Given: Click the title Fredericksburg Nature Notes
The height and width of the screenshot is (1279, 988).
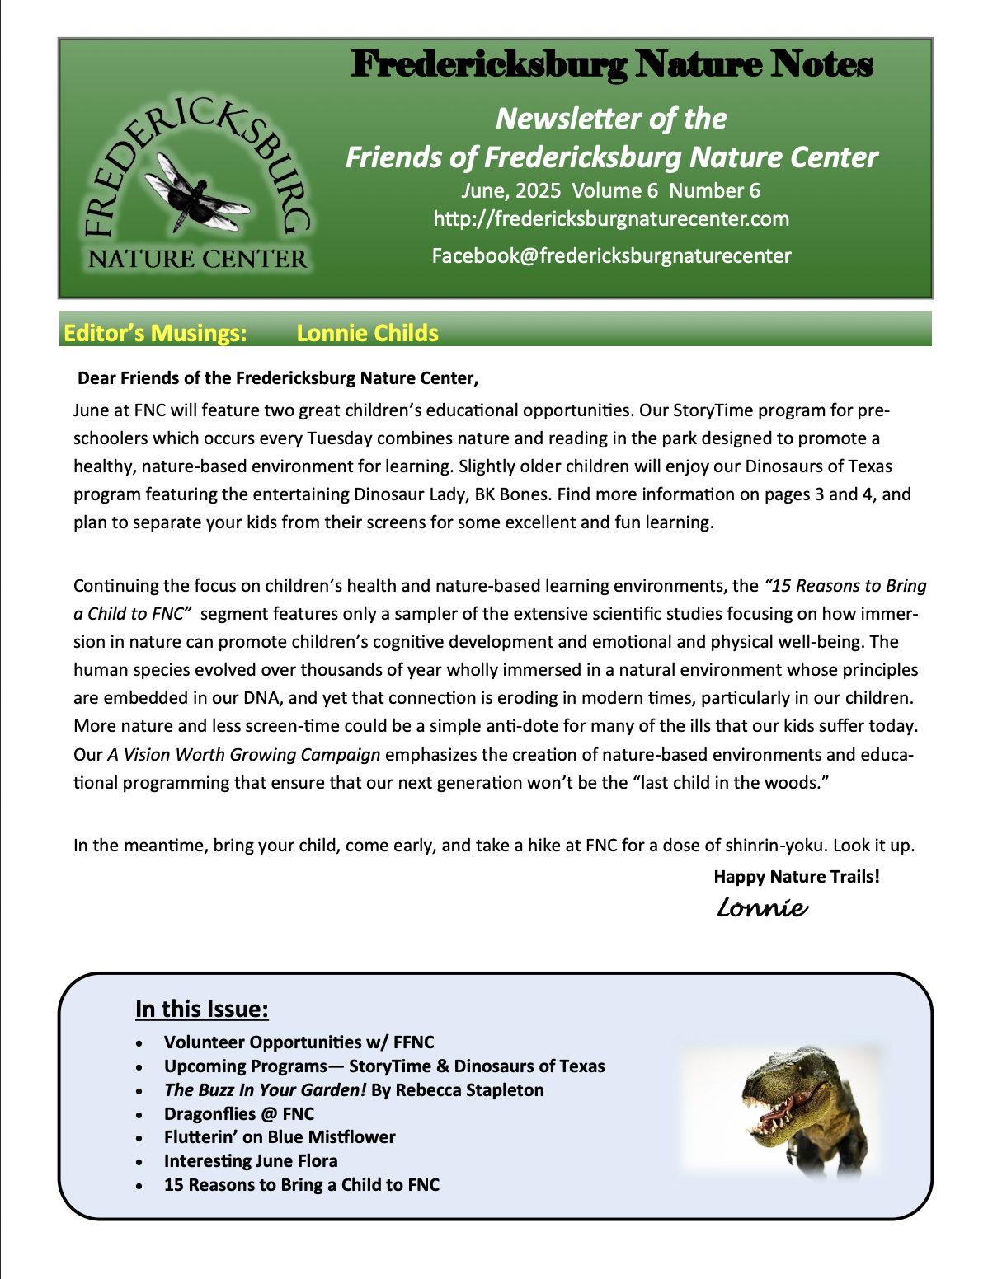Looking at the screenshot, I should (x=611, y=64).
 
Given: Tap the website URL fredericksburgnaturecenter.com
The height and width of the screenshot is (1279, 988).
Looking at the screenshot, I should (x=611, y=219).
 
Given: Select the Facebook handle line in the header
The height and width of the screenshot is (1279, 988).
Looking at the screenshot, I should (x=611, y=256).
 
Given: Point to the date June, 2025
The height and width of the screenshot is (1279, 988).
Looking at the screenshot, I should (x=511, y=191).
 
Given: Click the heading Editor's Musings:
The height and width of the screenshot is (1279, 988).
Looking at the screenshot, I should (x=155, y=333).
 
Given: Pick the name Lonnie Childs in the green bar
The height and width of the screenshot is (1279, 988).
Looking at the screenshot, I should (x=367, y=333).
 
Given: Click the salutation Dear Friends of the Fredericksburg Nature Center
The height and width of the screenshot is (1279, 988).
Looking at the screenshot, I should (x=278, y=378).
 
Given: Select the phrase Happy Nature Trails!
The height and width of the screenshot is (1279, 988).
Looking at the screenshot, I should (x=797, y=877).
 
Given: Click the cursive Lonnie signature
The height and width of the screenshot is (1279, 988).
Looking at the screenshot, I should (x=762, y=908).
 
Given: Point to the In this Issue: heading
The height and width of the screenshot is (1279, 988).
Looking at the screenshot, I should (x=202, y=1010).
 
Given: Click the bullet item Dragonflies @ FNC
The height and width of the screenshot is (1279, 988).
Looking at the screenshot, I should (x=239, y=1114).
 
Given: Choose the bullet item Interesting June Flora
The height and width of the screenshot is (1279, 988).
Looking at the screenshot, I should (x=251, y=1161).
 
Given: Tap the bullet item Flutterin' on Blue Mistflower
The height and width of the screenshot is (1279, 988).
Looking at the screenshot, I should (x=280, y=1137).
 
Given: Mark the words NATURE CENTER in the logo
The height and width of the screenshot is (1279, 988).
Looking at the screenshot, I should (x=198, y=260).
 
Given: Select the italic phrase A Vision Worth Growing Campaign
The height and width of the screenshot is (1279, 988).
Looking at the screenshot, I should (x=244, y=755).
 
